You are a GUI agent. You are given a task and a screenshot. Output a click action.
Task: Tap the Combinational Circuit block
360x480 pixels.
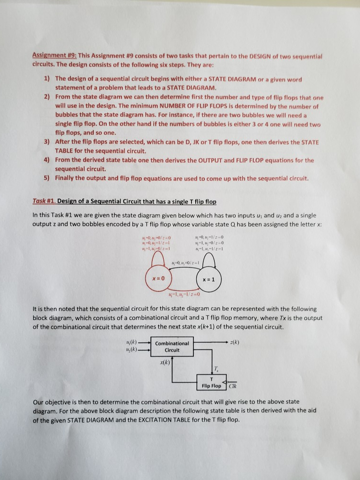click(172, 346)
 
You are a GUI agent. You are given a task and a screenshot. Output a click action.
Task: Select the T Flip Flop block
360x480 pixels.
click(209, 382)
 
